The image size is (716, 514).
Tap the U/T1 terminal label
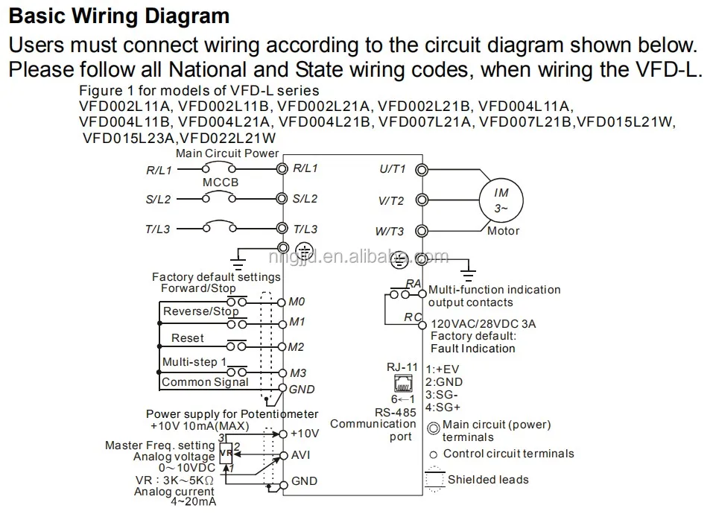click(392, 169)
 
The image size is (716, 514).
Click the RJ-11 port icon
click(397, 384)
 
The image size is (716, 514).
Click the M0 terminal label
click(296, 303)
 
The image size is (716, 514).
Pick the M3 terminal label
click(297, 372)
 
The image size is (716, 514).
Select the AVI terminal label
click(301, 454)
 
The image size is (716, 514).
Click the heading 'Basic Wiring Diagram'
click(119, 16)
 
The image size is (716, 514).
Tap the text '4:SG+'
click(444, 407)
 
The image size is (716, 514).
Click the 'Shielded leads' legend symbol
click(433, 479)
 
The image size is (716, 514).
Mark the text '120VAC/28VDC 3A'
click(484, 325)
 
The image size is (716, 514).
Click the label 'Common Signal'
click(206, 382)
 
